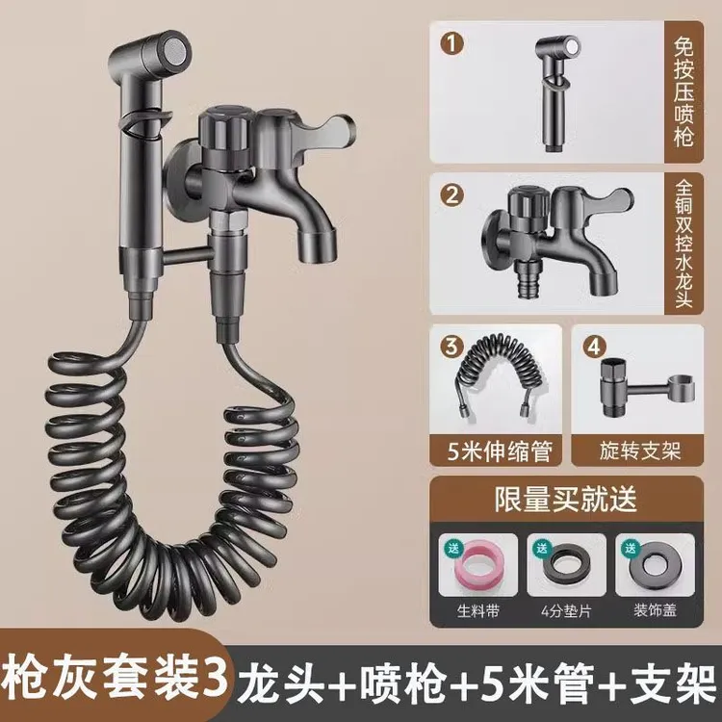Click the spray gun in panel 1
(557, 87)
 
